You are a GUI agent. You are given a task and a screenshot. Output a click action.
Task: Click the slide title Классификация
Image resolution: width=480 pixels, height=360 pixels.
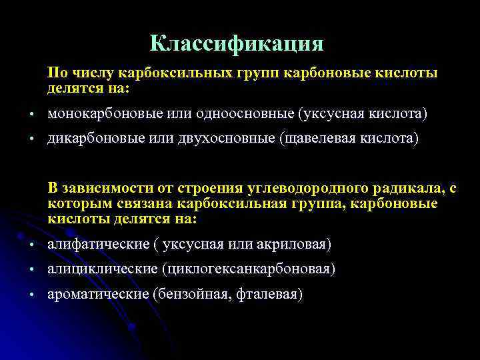pos(237,44)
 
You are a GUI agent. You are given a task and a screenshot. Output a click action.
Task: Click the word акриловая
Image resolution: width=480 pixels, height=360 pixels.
pos(291,245)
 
